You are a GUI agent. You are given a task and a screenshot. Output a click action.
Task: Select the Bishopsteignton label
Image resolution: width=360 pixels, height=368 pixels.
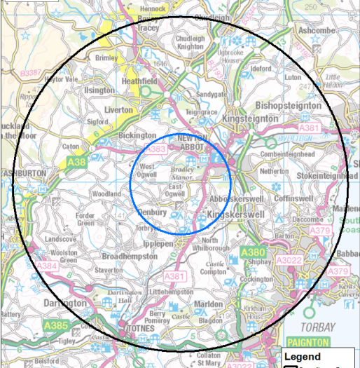pyautogui.click(x=289, y=105)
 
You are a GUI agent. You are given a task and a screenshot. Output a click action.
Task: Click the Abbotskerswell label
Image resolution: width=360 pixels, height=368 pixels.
pyautogui.click(x=235, y=198)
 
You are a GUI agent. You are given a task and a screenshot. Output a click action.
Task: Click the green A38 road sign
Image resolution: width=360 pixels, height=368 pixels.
pyautogui.click(x=78, y=163)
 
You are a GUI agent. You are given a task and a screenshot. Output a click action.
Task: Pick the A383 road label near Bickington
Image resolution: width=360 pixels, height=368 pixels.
pyautogui.click(x=157, y=149)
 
